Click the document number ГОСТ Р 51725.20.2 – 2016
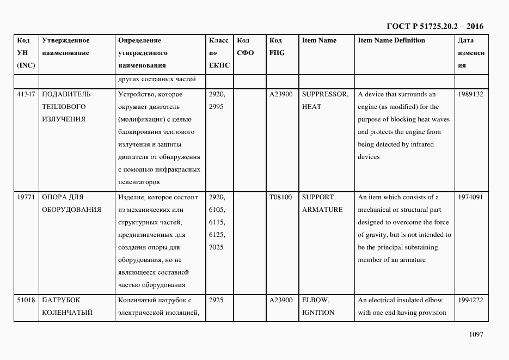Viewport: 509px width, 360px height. (x=434, y=26)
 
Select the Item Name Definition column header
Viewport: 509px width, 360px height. (x=391, y=40)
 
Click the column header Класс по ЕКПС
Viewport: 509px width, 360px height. (x=219, y=53)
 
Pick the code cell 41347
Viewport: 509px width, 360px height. (x=26, y=94)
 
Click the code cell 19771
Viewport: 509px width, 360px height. (x=26, y=197)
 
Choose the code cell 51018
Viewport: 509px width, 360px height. (x=26, y=300)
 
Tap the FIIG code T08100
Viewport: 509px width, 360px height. (x=280, y=197)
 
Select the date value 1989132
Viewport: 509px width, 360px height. (x=471, y=94)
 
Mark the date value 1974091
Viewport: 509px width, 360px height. (x=471, y=197)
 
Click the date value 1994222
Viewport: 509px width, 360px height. (x=471, y=300)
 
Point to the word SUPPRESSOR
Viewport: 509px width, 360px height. (x=325, y=94)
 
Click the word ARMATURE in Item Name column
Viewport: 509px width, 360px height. (x=322, y=210)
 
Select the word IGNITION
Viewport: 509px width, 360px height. (x=318, y=313)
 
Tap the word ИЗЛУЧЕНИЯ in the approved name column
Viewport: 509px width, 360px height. (x=64, y=119)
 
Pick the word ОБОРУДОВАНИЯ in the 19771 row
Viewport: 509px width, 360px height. (x=71, y=210)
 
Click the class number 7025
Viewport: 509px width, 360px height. (x=216, y=247)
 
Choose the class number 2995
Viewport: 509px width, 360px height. (x=216, y=107)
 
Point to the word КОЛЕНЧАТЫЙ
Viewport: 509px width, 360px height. (x=67, y=313)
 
